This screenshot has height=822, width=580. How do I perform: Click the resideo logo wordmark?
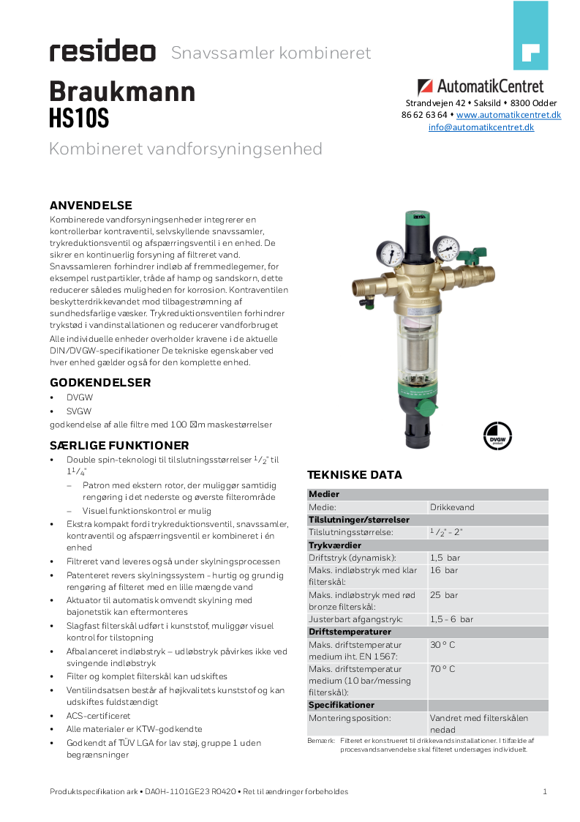pos(102,52)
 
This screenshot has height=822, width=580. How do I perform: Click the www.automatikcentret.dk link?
pos(508,115)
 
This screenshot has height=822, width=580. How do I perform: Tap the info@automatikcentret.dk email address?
pos(481,127)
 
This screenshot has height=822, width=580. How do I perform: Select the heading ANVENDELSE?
pos(91,205)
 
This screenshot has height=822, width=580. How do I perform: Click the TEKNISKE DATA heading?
pos(354,475)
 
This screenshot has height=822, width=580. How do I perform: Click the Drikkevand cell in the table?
pos(452,507)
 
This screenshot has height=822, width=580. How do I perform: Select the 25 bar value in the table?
pos(444,595)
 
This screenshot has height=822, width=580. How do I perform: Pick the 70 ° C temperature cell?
pos(442,669)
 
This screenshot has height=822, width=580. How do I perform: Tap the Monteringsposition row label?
pos(350,718)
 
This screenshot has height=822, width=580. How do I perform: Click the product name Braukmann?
pos(122,92)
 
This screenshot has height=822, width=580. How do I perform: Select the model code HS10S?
pos(79,118)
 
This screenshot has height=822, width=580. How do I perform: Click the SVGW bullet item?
pos(79,411)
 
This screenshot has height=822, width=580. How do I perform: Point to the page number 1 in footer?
pos(545,791)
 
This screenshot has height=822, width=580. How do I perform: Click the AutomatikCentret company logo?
pos(481,87)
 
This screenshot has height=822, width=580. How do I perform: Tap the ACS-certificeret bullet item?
pos(98,715)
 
